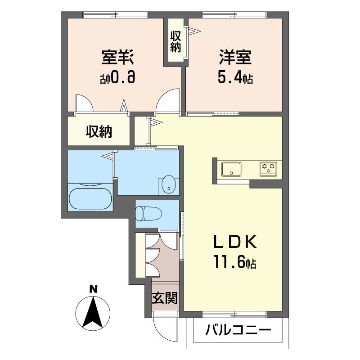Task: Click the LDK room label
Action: [x=235, y=242]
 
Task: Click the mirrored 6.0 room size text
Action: [x=117, y=77]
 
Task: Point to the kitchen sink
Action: [x=231, y=169]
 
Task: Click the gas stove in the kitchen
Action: [x=268, y=169]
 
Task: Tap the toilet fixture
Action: [x=148, y=213]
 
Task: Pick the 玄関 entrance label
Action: [x=165, y=298]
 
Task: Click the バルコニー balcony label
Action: [x=238, y=330]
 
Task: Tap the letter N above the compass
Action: [x=93, y=289]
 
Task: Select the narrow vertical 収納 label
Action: [x=175, y=41]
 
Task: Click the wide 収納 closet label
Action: [x=99, y=131]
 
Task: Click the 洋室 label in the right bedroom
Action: [x=235, y=57]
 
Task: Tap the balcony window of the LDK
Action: [x=234, y=314]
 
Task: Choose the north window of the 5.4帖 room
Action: [x=234, y=15]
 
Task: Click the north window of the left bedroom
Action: [x=115, y=15]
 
